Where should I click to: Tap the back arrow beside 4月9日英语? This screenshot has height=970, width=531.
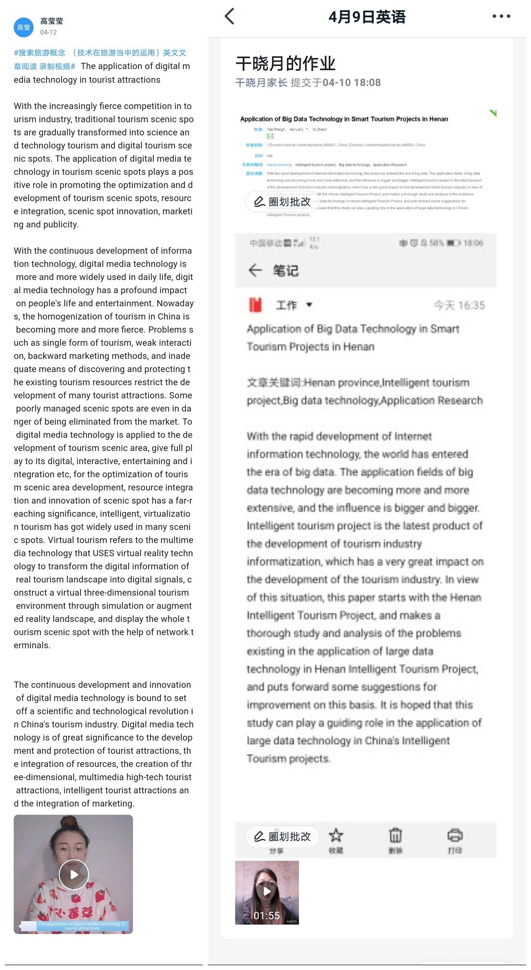click(230, 16)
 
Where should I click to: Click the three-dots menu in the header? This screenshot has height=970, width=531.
click(501, 16)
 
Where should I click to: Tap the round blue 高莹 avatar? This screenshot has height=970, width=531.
click(24, 27)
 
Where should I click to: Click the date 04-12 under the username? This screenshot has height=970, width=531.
click(49, 33)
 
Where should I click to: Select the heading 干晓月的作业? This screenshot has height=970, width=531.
click(285, 63)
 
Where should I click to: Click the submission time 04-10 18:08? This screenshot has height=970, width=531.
click(352, 83)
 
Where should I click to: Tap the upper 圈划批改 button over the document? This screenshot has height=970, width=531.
click(283, 202)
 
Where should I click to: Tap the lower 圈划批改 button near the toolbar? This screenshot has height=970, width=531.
click(283, 837)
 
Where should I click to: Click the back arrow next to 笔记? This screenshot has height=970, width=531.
click(255, 270)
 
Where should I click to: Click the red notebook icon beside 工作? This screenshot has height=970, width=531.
click(255, 305)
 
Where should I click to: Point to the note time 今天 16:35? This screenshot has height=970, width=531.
click(459, 305)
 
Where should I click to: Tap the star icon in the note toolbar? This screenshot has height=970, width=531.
click(336, 836)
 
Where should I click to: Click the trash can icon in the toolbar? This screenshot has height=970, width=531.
click(395, 836)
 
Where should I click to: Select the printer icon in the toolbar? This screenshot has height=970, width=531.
click(455, 836)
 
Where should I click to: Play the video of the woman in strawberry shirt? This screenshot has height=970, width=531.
click(74, 874)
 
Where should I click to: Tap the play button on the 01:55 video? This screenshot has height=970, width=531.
click(267, 892)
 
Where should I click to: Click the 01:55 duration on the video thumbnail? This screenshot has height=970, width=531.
click(267, 916)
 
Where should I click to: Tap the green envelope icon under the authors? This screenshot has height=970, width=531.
click(270, 136)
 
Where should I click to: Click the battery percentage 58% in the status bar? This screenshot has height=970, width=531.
click(436, 243)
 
